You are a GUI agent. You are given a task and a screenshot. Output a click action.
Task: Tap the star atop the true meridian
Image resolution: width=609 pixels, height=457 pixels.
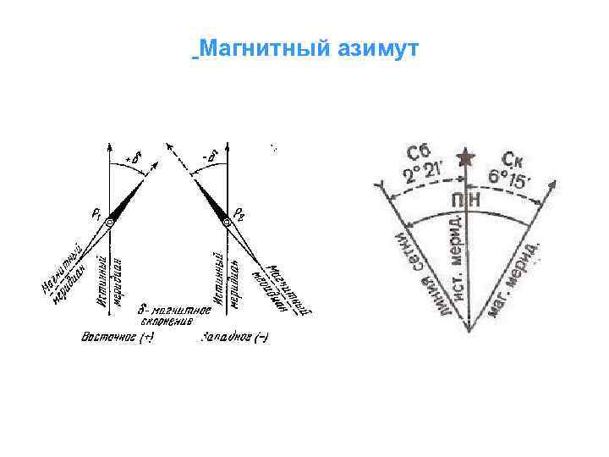coord(464,158)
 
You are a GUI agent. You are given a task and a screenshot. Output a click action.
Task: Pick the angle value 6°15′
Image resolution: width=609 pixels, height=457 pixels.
coord(507,180)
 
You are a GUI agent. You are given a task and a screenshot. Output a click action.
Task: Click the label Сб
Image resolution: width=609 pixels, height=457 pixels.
coord(419,154)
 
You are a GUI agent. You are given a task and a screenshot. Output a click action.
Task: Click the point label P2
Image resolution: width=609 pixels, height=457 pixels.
coord(241,212)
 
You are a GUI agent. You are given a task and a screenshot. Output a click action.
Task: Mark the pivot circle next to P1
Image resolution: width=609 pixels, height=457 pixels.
coord(109,222)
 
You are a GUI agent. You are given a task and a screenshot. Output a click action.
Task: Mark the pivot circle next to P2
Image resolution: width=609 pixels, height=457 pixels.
coord(227,222)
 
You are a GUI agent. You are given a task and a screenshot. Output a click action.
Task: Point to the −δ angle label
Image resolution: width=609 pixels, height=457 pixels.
coord(209,157)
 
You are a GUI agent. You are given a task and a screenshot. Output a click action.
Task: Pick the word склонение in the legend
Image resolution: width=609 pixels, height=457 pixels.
coord(167,322)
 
